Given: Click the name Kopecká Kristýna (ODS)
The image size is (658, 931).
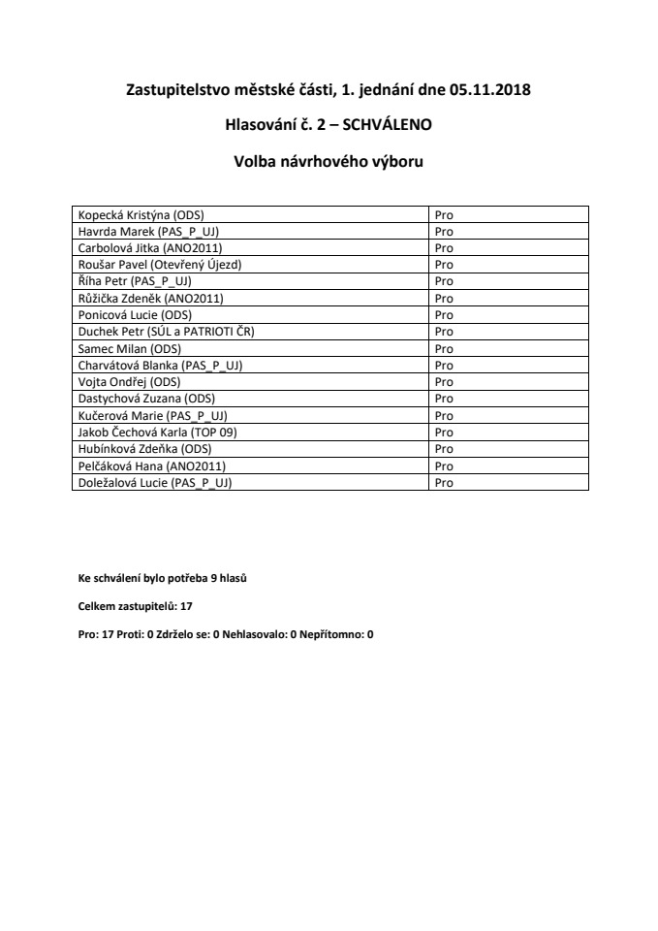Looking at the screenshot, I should click(x=141, y=213).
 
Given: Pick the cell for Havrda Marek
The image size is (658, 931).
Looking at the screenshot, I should click(x=141, y=230).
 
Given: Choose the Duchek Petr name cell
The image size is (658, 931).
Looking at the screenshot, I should click(x=166, y=331).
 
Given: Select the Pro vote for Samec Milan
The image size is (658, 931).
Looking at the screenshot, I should click(x=444, y=348).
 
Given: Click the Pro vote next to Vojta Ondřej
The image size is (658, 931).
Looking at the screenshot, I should click(x=444, y=381).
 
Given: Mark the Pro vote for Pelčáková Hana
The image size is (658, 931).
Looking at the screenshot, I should click(x=444, y=465).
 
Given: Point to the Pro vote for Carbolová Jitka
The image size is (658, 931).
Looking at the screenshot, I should click(x=444, y=247).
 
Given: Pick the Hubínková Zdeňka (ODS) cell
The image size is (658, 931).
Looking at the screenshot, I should click(x=144, y=449).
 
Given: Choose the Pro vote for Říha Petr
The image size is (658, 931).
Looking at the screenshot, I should click(x=444, y=280).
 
